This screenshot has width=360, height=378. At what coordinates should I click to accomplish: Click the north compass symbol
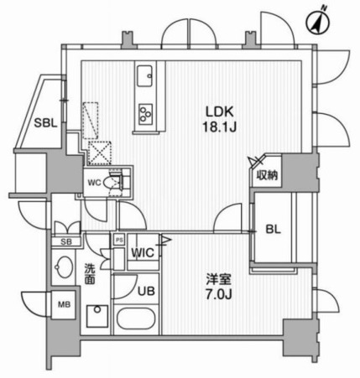click(318, 23)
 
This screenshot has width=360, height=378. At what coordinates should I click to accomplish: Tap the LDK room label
click(220, 112)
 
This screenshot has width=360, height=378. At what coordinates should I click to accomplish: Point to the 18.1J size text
click(220, 127)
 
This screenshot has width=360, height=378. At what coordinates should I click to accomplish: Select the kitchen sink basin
click(144, 76)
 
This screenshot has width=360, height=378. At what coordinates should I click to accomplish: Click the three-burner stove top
click(145, 114)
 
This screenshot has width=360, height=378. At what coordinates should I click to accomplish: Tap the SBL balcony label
click(45, 123)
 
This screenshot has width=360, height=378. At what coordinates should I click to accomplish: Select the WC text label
click(94, 183)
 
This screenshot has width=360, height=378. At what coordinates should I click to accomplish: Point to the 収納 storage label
click(268, 175)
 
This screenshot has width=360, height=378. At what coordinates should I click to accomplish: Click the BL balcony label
click(273, 230)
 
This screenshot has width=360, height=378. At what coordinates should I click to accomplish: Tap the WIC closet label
click(143, 253)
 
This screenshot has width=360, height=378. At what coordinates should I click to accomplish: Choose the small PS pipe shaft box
click(119, 241)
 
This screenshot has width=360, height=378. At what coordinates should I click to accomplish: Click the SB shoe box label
click(66, 242)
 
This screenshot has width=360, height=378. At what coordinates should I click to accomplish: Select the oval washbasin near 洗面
click(64, 267)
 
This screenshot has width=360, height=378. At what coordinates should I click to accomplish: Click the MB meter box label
click(64, 304)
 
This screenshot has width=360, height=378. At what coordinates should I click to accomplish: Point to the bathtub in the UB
click(136, 318)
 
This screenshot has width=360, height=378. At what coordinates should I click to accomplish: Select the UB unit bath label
click(146, 292)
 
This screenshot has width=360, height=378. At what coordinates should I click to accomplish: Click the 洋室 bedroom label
click(219, 278)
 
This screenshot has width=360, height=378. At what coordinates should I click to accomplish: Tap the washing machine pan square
click(97, 316)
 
